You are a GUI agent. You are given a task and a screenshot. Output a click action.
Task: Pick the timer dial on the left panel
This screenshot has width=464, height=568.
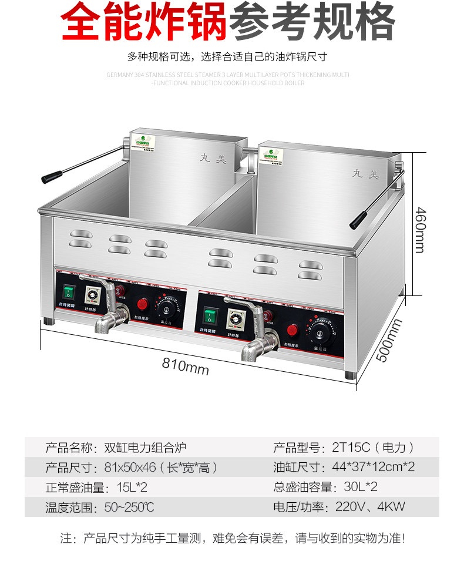coord(92,296)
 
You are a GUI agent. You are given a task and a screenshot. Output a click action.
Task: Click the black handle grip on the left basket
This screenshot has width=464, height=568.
coord(51,176)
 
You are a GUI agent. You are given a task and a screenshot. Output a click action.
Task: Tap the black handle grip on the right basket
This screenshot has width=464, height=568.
coord(358,220)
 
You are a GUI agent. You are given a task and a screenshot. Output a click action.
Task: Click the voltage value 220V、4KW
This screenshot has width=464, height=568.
coord(371,506)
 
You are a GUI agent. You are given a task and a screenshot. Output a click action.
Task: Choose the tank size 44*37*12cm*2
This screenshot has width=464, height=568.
coord(374,468)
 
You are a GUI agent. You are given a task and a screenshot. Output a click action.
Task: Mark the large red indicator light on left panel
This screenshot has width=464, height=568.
coord(142,304)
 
